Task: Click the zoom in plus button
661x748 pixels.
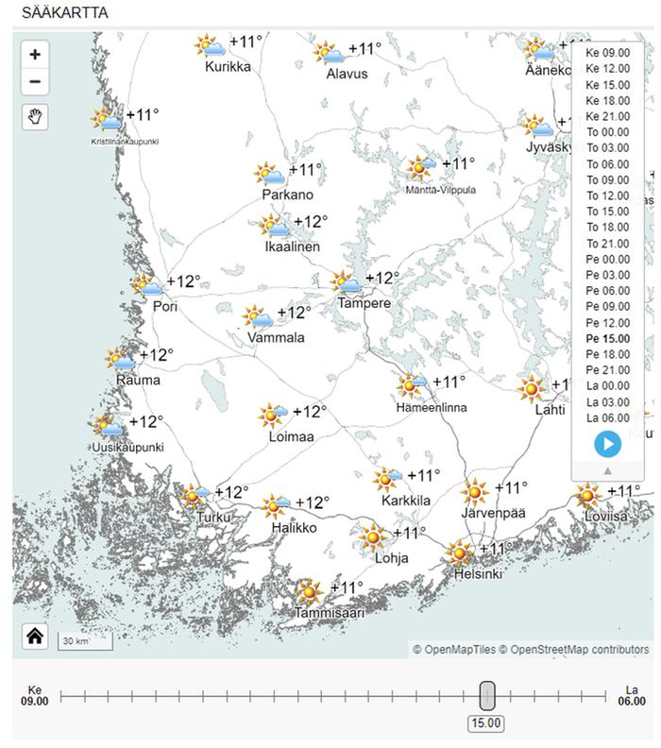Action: [x=35, y=55]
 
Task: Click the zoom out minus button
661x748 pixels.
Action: [x=35, y=82]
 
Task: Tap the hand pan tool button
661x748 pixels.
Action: [x=35, y=117]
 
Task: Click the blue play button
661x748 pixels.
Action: [x=608, y=444]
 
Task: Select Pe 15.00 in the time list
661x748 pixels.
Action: [x=607, y=338]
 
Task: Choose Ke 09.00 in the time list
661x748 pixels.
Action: [x=607, y=52]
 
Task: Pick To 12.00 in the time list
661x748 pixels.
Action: [x=607, y=195]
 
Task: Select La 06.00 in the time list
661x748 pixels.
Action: [x=607, y=417]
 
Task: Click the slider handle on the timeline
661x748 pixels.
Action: [x=486, y=696]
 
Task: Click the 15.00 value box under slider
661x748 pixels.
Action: [x=486, y=724]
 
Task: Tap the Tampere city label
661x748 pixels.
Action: [x=364, y=303]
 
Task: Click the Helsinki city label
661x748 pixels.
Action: [x=478, y=573]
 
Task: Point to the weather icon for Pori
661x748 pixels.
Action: [x=146, y=284]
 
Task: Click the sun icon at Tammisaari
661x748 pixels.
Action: [x=308, y=592]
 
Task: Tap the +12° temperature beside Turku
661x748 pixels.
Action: [x=231, y=492]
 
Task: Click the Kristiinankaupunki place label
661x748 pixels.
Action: [x=125, y=142]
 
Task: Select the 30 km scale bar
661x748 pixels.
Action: [x=85, y=641]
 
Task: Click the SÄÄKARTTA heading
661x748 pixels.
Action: [x=64, y=13]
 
